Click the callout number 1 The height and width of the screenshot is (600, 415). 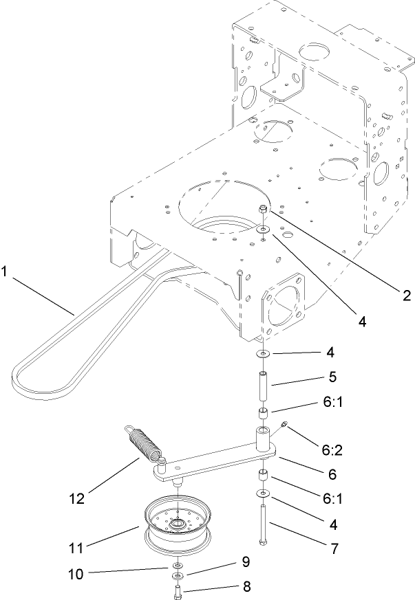pyautogui.click(x=5, y=272)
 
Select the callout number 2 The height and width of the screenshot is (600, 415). pyautogui.click(x=406, y=296)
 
